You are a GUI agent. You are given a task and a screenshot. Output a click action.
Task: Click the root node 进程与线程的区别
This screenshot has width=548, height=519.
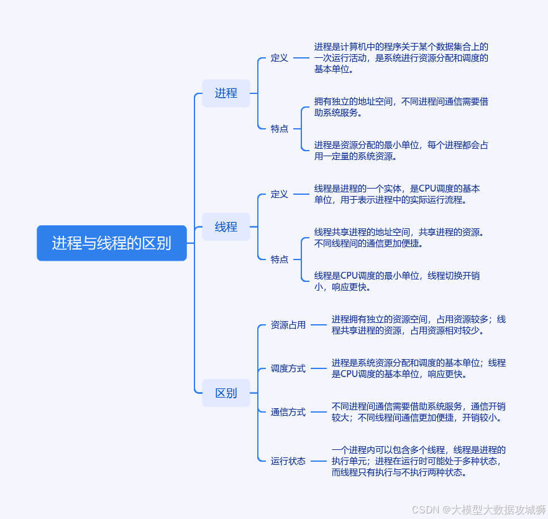coord(112,243)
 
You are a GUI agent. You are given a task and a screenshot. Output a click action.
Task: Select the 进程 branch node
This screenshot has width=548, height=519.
coord(226,93)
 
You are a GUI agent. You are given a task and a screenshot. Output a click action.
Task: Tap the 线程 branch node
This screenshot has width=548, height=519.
coord(226,227)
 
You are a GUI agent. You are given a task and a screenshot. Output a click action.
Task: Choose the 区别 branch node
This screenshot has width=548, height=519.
coord(226,393)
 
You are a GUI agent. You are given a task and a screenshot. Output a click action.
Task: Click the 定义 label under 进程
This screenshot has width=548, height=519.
coord(280,58)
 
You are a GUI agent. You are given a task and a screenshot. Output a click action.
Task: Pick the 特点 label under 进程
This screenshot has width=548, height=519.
coord(280,128)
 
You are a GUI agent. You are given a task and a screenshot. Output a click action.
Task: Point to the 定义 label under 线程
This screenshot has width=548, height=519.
coord(280,194)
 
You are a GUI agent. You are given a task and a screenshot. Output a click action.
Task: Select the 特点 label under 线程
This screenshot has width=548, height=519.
coord(280,259)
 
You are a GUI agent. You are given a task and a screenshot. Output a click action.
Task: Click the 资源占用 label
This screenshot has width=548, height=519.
coord(288,325)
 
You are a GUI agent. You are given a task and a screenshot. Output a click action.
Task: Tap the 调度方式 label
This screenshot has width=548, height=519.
coord(288,368)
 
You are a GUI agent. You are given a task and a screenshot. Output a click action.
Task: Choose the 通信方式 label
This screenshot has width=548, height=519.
coord(288,412)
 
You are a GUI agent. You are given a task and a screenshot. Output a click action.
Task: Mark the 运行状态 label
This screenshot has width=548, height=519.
coord(288,461)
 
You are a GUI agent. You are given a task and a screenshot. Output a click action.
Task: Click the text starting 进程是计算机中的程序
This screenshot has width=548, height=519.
coord(401,58)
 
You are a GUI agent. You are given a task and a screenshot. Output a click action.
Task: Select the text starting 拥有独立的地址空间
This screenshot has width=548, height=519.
coord(401,107)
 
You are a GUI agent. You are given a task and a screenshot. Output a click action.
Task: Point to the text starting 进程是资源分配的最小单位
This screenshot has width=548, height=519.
coord(401,151)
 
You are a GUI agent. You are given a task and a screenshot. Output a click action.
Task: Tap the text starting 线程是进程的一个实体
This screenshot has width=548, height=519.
coord(397,194)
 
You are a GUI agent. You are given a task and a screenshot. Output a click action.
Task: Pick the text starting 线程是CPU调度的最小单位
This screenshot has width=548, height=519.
coord(397,281)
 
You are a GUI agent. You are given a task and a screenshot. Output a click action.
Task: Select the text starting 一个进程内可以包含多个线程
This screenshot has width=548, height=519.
coord(418,461)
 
